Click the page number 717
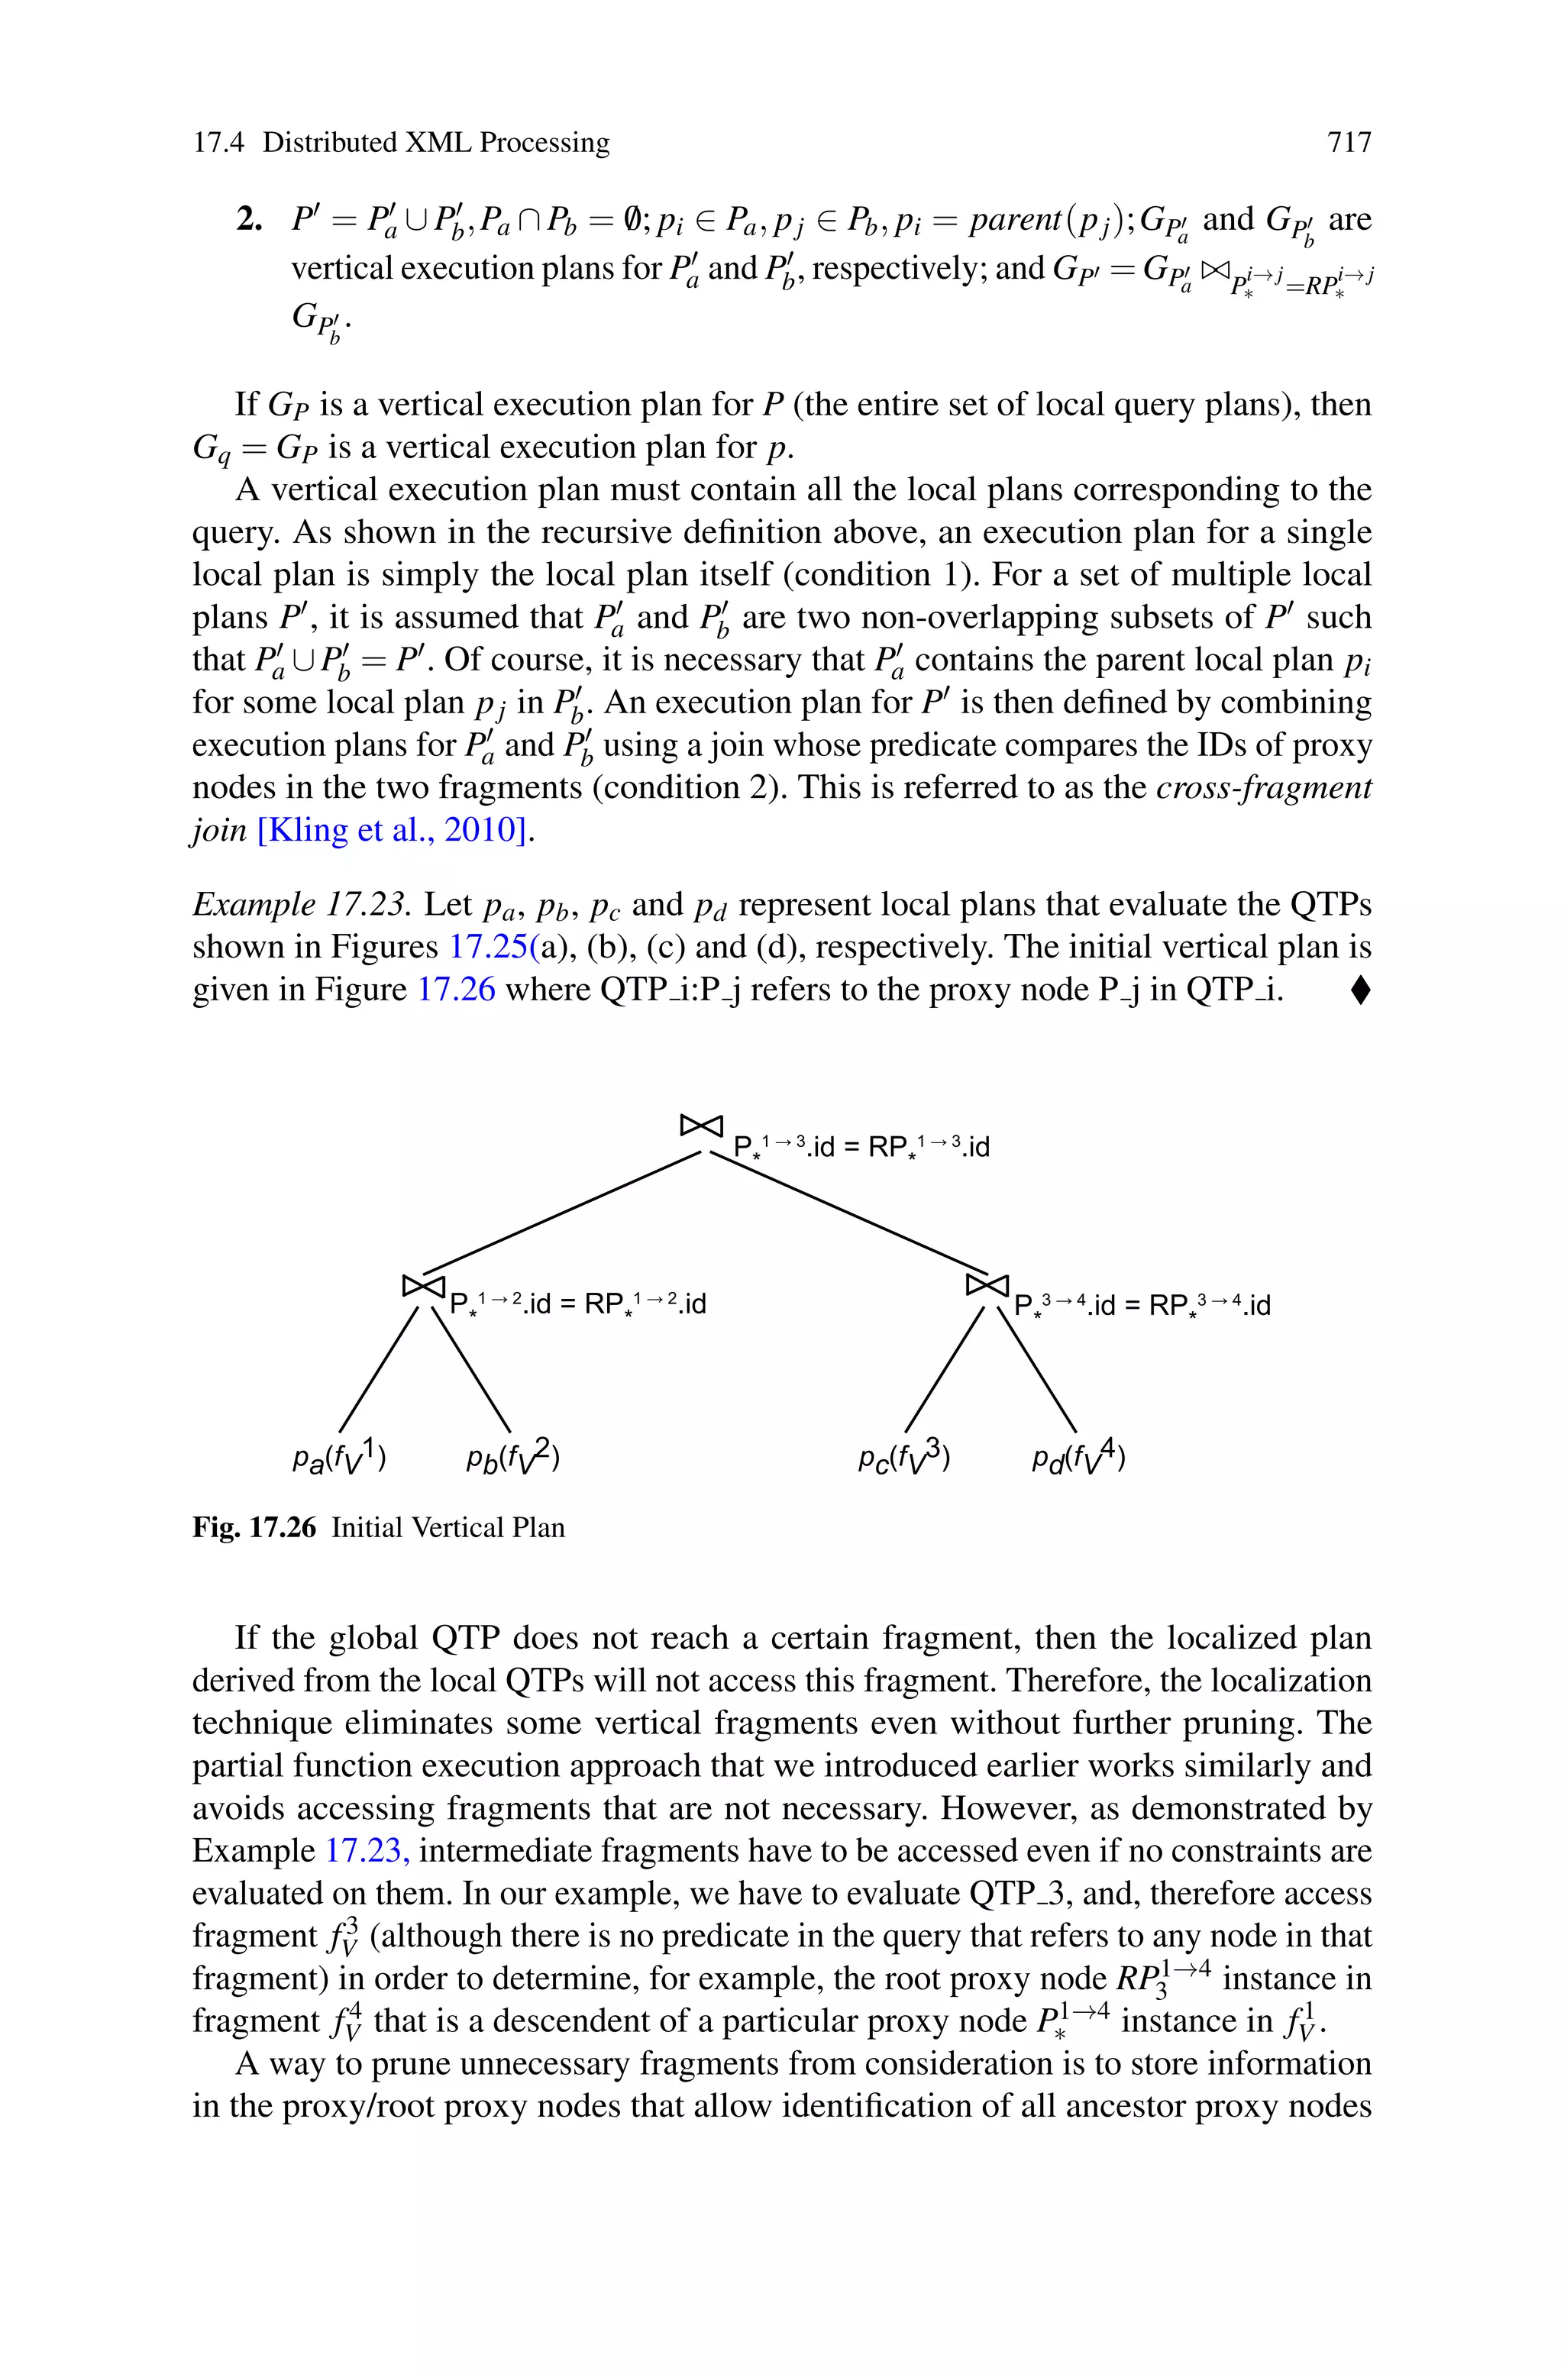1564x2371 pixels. pos(1349,143)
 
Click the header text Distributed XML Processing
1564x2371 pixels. pos(436,143)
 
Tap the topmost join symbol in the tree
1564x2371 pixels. pos(700,1125)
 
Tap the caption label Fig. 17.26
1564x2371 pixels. pos(254,1527)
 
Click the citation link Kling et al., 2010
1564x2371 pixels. pos(392,829)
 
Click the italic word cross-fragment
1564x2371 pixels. pos(1264,788)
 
